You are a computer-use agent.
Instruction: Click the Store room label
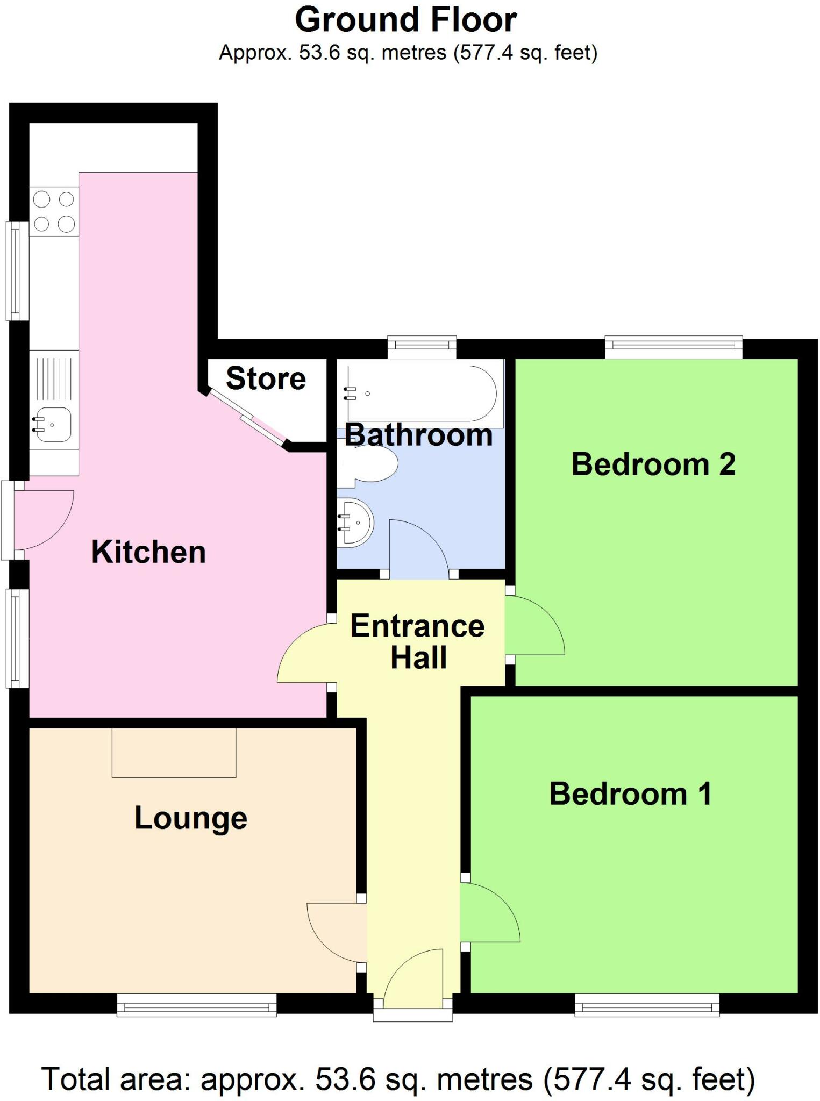click(x=266, y=378)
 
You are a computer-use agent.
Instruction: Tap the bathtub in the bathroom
click(x=422, y=393)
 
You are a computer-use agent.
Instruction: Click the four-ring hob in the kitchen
click(x=54, y=211)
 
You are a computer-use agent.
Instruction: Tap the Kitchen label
click(x=148, y=552)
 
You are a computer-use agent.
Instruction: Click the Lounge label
click(x=191, y=818)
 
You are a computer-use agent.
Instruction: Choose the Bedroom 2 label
click(x=653, y=464)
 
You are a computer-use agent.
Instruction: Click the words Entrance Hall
click(x=418, y=641)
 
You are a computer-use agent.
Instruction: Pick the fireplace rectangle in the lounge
click(x=174, y=753)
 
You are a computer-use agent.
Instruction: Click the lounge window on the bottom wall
click(x=197, y=1005)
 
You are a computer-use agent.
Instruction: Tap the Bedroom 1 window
click(x=647, y=1005)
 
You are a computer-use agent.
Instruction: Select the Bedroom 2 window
click(x=674, y=347)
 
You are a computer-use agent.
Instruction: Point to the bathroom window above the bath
click(x=422, y=347)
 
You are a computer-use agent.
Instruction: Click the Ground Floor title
click(x=406, y=20)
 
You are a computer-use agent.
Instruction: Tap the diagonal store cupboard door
click(x=246, y=418)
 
